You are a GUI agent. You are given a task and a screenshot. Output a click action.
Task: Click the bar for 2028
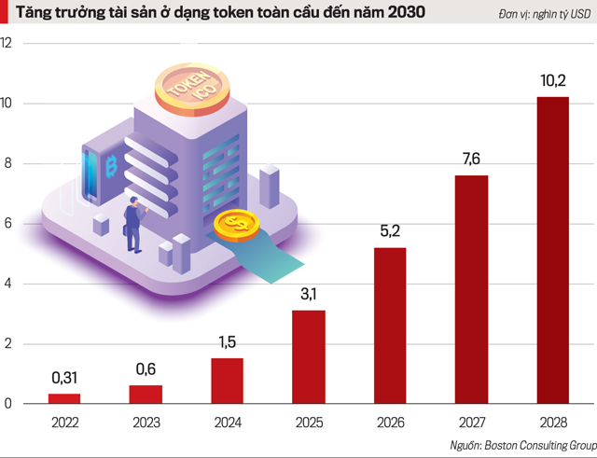tap(553, 250)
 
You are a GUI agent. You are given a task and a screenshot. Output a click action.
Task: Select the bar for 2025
tap(308, 356)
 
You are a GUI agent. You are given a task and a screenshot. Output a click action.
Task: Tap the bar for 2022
tap(64, 398)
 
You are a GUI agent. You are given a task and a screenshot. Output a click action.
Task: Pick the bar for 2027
tap(471, 289)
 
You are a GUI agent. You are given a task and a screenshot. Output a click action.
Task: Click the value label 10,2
tap(553, 81)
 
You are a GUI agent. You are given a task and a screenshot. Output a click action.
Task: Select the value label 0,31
tap(64, 378)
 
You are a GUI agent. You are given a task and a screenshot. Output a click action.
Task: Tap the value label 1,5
tap(228, 342)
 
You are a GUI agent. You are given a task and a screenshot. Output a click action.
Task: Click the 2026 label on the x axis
tap(390, 421)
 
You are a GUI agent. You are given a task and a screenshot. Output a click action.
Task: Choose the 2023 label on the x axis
tap(146, 421)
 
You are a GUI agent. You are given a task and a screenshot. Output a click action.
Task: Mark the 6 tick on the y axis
tap(8, 224)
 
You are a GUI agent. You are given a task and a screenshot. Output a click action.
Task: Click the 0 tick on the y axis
tap(8, 404)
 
